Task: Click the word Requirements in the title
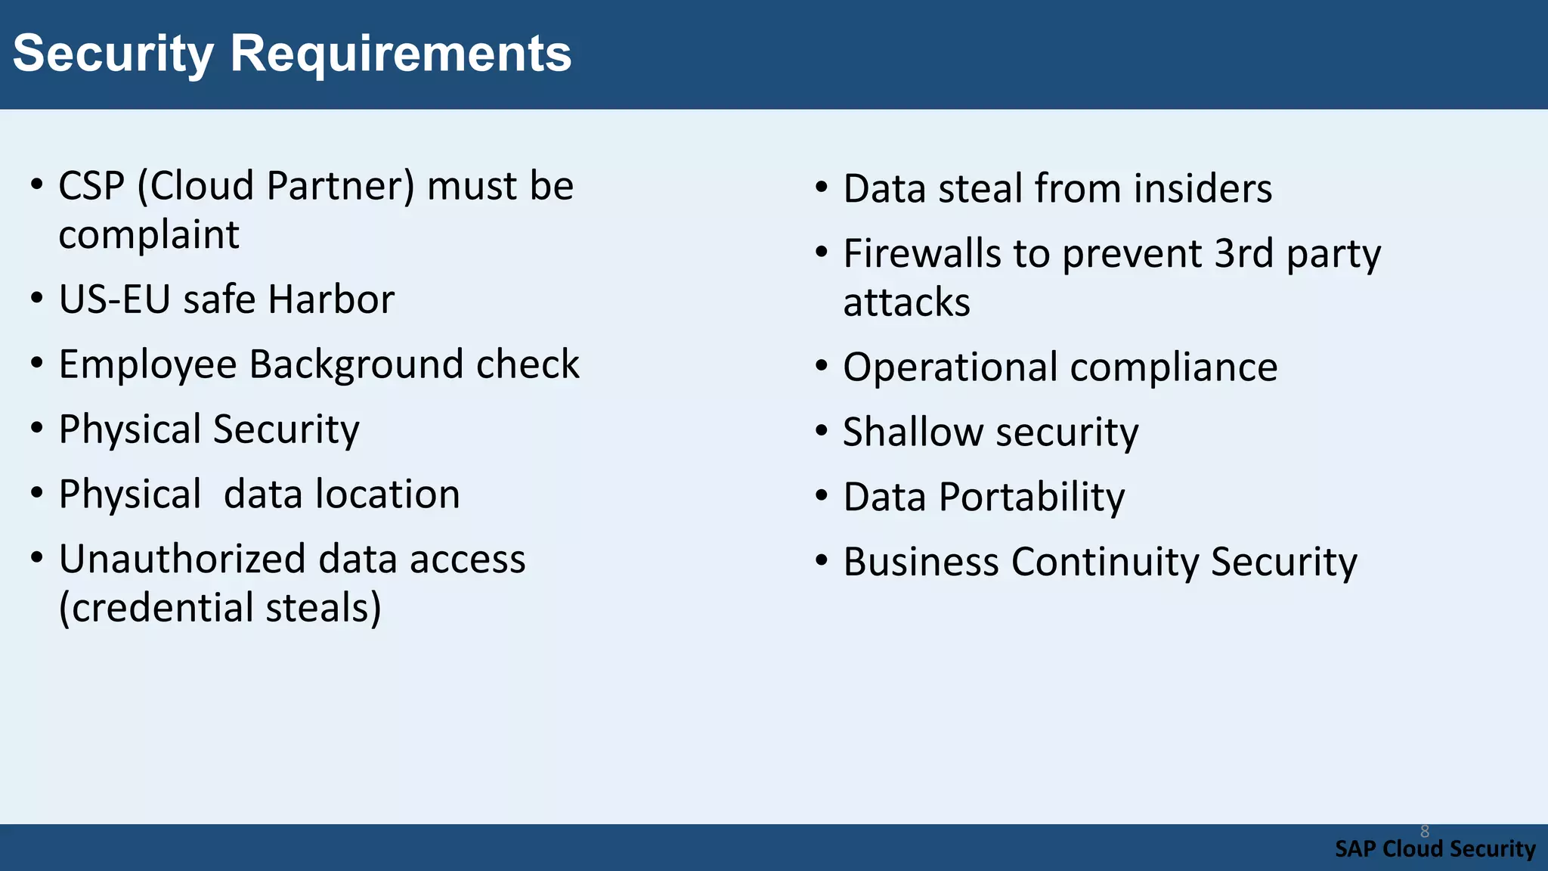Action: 400,54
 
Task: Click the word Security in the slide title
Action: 113,54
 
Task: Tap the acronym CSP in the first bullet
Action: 91,186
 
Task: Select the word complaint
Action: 149,234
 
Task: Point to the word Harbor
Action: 331,299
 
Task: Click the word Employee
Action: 148,365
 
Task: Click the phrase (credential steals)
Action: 220,608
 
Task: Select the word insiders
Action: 1203,188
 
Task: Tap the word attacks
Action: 906,302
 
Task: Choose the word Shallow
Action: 912,432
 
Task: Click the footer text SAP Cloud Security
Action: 1435,849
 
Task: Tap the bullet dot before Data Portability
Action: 822,497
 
